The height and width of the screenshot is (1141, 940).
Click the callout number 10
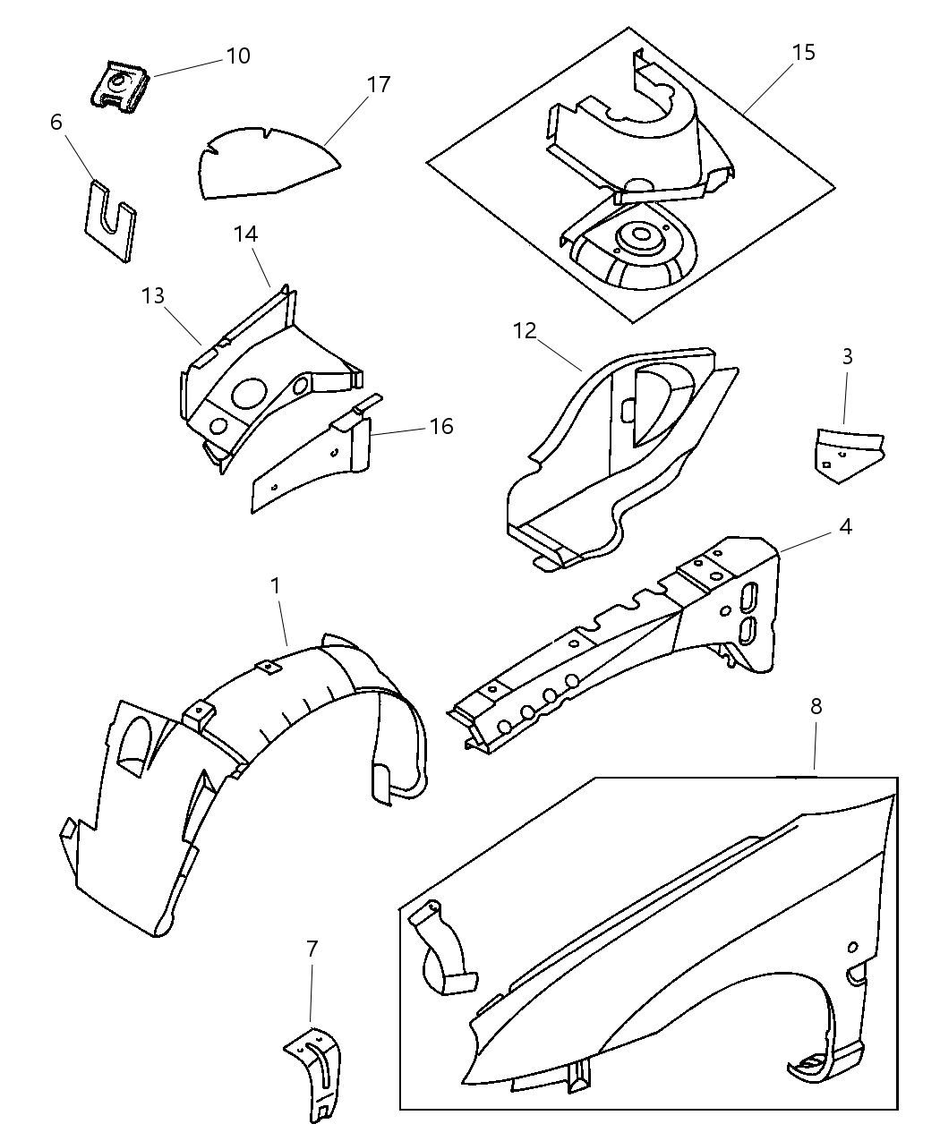pyautogui.click(x=237, y=55)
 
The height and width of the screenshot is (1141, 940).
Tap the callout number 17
pyautogui.click(x=379, y=84)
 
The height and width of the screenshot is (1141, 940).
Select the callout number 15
pyautogui.click(x=804, y=53)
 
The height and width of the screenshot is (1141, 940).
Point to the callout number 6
pyautogui.click(x=56, y=122)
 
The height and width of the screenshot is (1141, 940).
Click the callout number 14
pyautogui.click(x=246, y=234)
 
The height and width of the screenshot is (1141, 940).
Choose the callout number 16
pyautogui.click(x=441, y=426)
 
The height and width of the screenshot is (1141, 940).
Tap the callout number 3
pyautogui.click(x=847, y=356)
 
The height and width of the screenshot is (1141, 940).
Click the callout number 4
pyautogui.click(x=844, y=526)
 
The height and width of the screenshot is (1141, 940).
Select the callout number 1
pyautogui.click(x=276, y=585)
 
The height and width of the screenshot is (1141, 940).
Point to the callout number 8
pyautogui.click(x=816, y=706)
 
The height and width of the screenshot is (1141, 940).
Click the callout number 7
pyautogui.click(x=312, y=949)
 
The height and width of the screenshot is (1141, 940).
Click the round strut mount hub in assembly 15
pyautogui.click(x=639, y=237)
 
